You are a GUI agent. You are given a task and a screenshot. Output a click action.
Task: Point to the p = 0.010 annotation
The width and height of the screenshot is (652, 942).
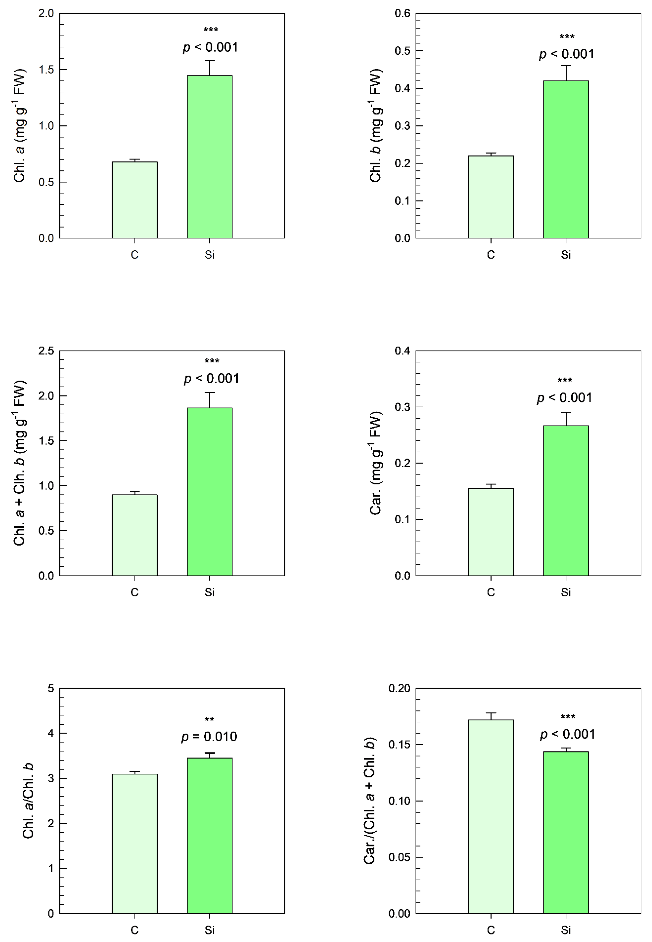(x=209, y=737)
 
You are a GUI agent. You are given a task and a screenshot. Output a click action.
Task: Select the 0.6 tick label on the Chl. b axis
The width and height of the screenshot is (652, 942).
(x=402, y=14)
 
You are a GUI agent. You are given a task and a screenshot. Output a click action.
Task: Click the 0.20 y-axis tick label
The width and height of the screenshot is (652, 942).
(x=399, y=689)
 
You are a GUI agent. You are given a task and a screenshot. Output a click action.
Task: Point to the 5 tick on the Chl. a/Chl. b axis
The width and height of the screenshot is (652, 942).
(x=51, y=689)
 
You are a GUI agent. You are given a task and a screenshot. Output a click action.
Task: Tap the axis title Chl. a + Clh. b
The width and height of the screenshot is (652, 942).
(x=20, y=463)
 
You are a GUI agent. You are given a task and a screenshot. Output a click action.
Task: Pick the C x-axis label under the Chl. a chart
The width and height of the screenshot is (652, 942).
(x=135, y=255)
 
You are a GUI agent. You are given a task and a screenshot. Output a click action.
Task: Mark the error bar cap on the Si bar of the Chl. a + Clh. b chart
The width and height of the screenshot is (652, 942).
(x=210, y=392)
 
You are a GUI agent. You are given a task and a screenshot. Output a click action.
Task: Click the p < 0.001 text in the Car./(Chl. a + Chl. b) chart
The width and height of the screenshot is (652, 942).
(x=567, y=734)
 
